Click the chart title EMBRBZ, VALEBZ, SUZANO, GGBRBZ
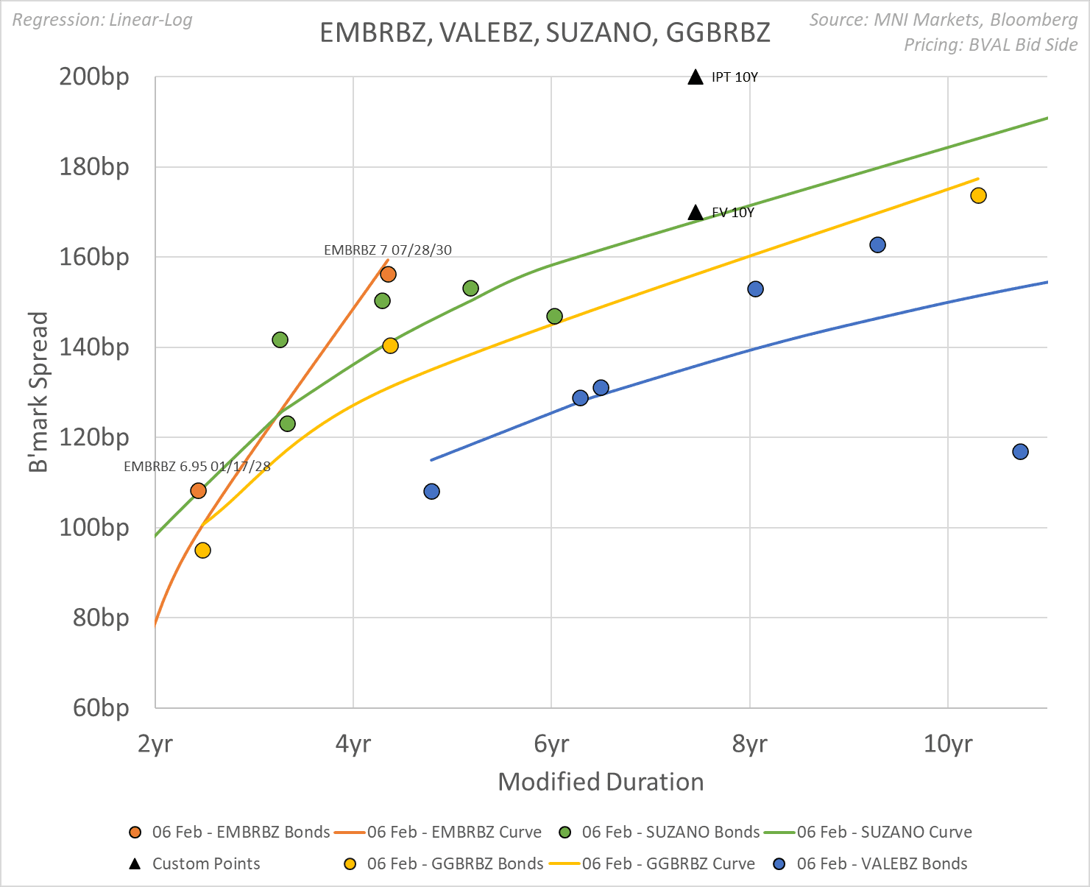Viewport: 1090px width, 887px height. tap(545, 32)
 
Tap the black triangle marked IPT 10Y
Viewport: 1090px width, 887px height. tap(696, 77)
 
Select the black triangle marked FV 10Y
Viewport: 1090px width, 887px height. tap(696, 213)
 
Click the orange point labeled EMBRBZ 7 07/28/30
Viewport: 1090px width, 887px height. tap(388, 275)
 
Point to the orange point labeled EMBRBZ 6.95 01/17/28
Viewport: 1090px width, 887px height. tap(198, 490)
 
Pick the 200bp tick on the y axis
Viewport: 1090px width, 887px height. tap(94, 77)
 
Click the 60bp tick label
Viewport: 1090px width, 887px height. tap(101, 707)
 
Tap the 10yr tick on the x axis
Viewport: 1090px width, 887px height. tap(947, 744)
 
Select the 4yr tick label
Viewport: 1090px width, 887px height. tap(353, 744)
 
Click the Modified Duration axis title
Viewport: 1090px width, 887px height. tap(601, 781)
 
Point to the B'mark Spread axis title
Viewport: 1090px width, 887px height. tap(38, 392)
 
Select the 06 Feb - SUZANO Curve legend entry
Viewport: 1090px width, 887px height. tap(884, 832)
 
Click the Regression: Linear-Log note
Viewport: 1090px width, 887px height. tap(102, 20)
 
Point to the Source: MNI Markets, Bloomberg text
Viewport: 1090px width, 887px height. tap(943, 20)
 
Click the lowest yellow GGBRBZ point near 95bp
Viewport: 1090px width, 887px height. tap(202, 550)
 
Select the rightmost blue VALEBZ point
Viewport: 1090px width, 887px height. tap(1020, 451)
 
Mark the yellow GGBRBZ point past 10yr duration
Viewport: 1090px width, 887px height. tap(978, 195)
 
